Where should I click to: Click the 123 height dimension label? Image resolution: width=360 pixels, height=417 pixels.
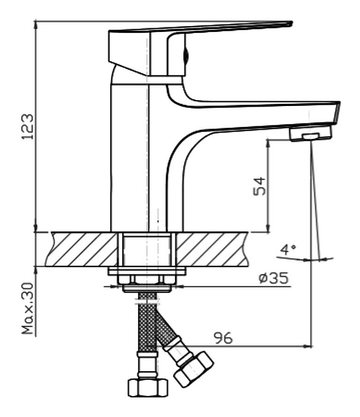(x=28, y=127)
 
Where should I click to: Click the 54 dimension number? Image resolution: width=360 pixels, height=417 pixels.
(x=259, y=186)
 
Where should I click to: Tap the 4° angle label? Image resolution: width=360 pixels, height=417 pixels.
(x=288, y=250)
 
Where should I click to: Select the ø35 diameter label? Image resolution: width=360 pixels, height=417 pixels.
(x=274, y=278)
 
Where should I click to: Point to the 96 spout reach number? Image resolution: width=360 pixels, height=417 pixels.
(x=223, y=338)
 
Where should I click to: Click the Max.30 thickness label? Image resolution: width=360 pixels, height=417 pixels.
(x=28, y=308)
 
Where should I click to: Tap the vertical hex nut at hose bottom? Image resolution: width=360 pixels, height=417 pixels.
(x=148, y=387)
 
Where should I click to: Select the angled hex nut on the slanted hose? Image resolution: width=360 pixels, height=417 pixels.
(x=193, y=369)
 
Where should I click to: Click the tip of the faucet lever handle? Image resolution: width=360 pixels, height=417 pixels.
(x=291, y=24)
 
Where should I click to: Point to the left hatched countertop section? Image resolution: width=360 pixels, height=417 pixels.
(x=81, y=249)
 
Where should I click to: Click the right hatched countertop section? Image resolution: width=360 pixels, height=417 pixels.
(x=212, y=249)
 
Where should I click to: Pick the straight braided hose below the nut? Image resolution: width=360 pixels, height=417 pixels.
(x=147, y=322)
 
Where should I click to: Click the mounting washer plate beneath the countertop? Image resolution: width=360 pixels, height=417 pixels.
(x=147, y=272)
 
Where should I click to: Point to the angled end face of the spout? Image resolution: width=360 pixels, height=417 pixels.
(x=336, y=113)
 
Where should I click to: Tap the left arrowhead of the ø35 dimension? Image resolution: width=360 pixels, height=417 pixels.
(x=113, y=287)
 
